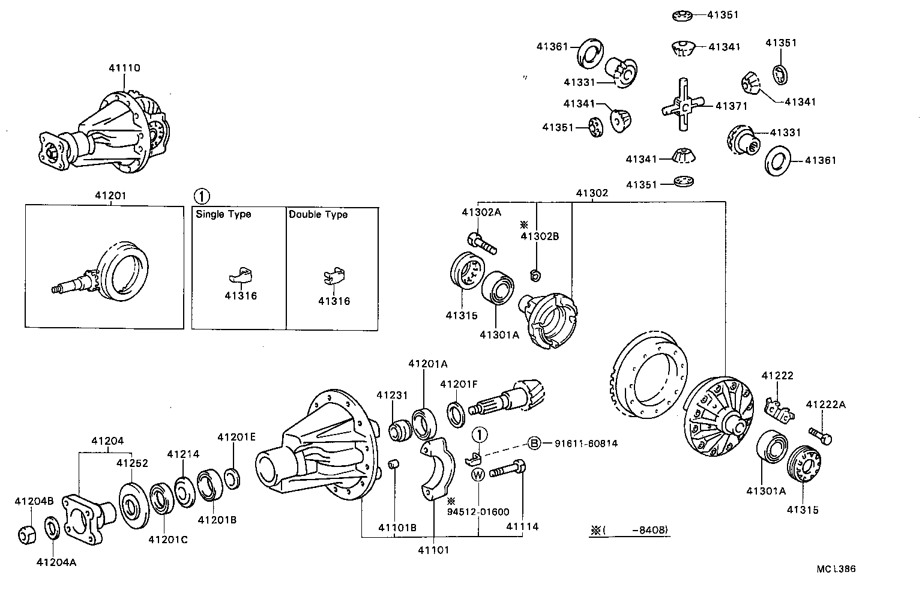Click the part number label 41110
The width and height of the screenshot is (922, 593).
124,68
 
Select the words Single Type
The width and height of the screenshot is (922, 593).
223,214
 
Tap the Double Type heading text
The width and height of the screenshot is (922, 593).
318,214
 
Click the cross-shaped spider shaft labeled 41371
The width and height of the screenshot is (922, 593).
682,107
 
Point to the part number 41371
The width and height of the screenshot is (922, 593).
731,106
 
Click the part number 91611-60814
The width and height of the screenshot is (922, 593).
585,444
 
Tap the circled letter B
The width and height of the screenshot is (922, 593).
534,444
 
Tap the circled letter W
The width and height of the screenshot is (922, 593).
478,475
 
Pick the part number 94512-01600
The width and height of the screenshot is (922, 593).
478,512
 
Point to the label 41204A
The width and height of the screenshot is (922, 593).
56,562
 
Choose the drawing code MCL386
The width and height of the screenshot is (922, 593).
836,568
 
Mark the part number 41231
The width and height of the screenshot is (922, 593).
392,395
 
